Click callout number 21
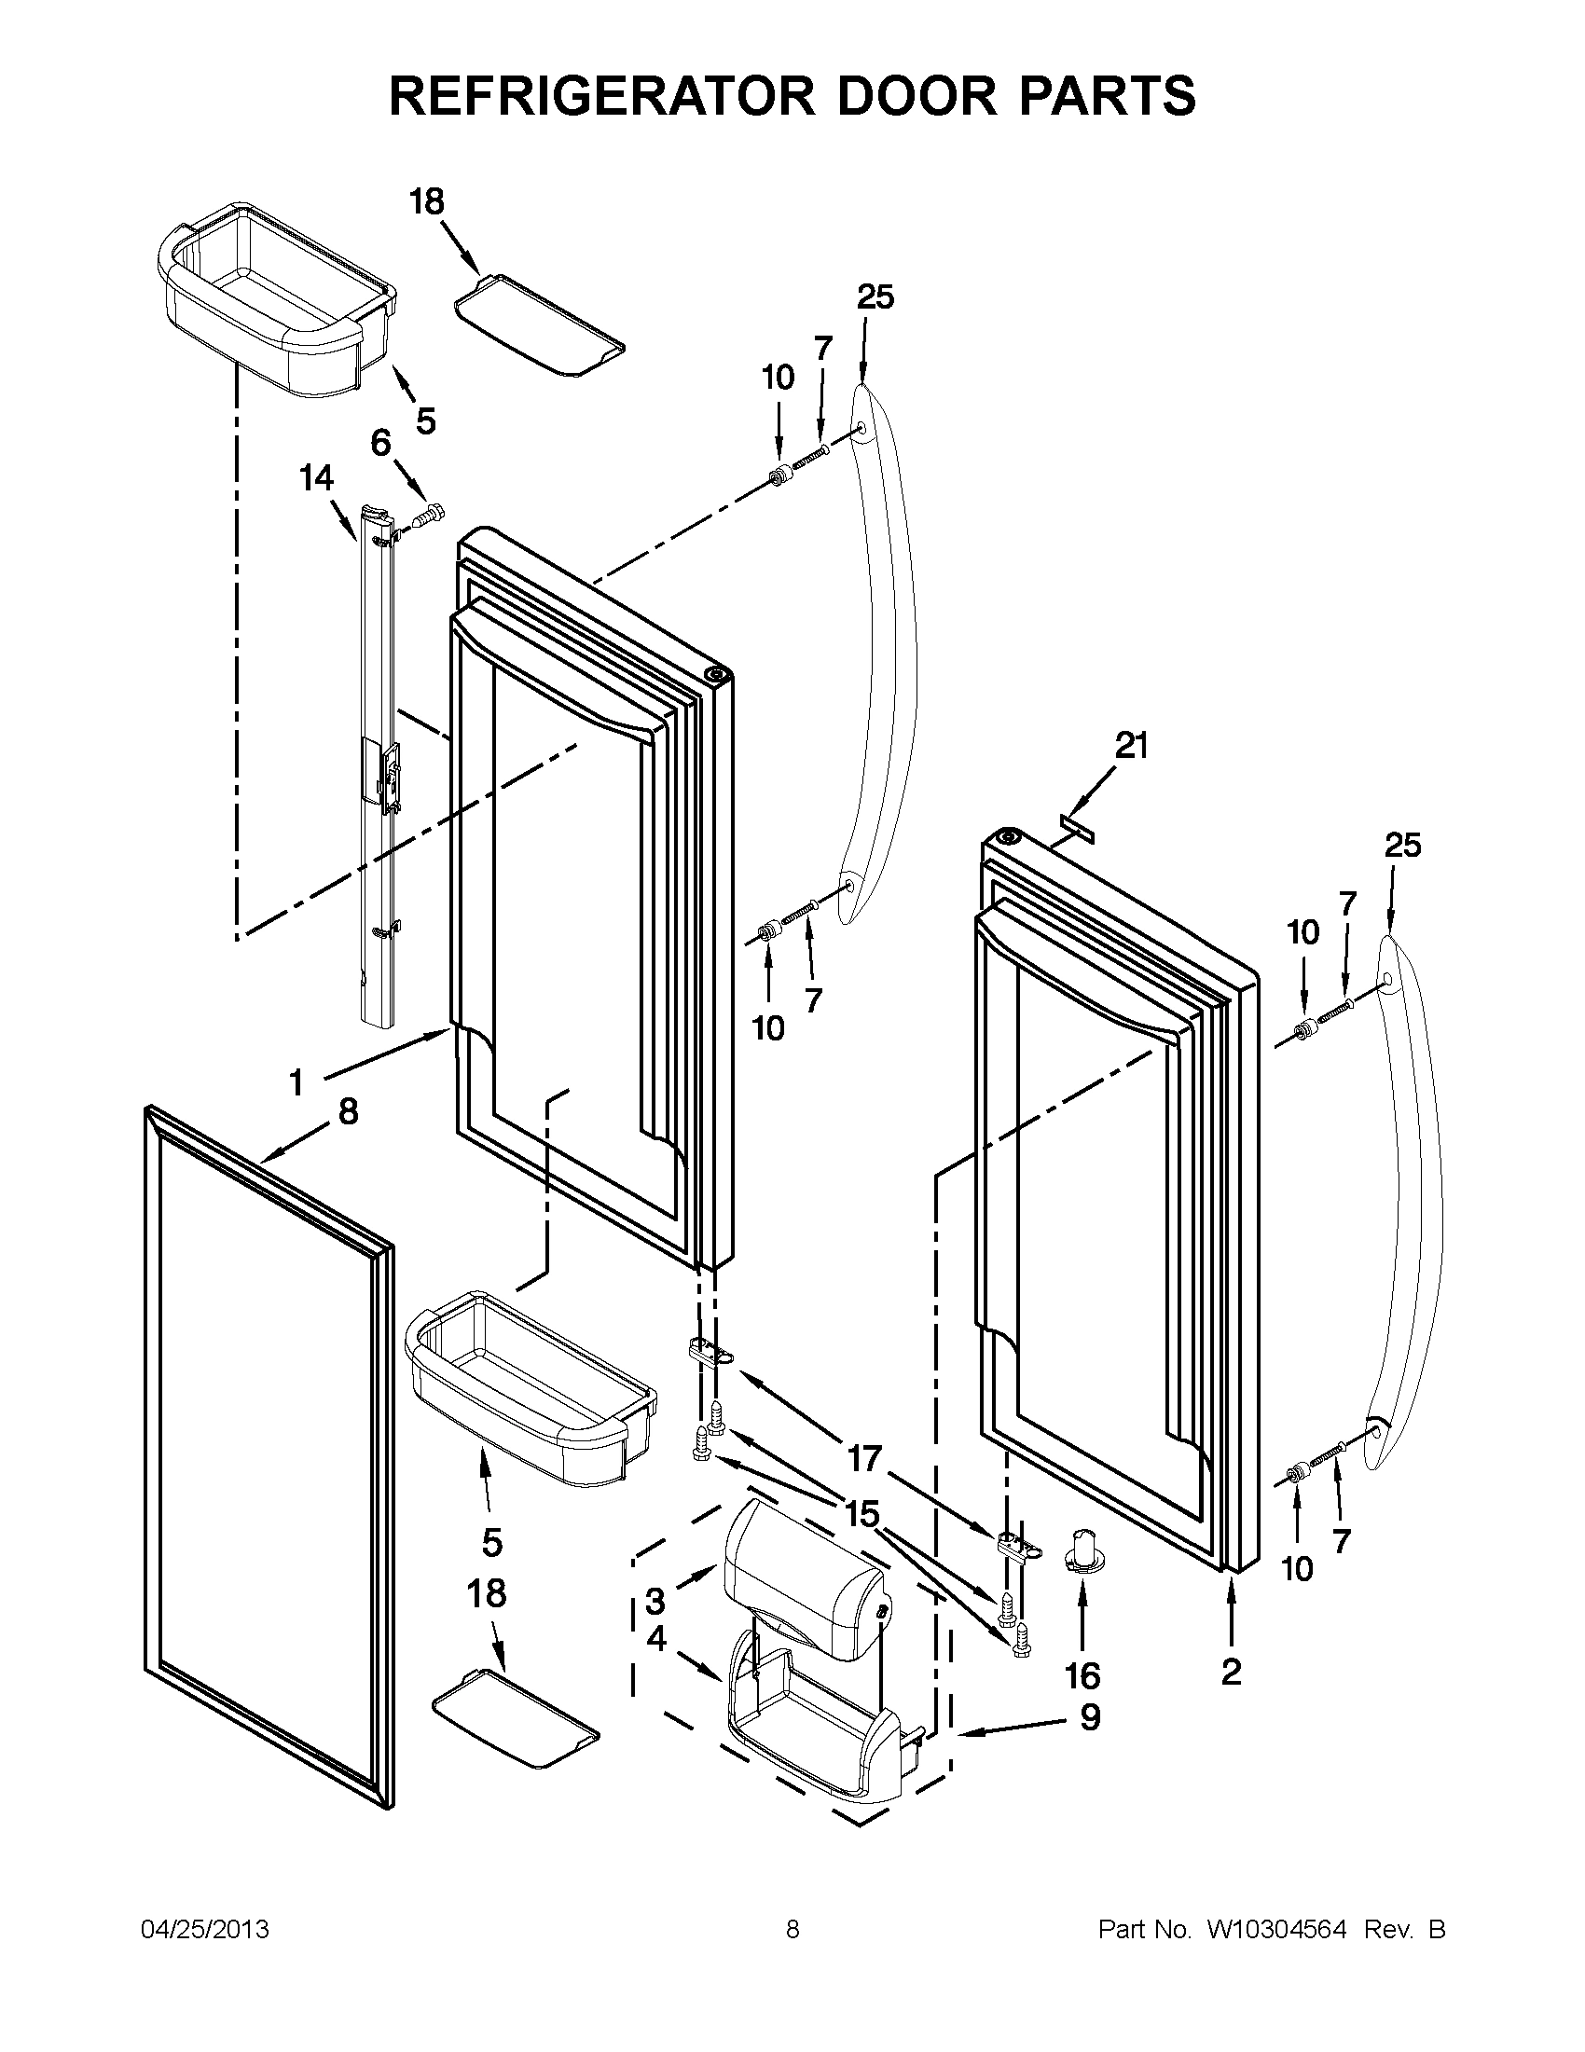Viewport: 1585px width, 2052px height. coord(1131,746)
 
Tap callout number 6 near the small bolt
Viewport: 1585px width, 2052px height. coord(380,442)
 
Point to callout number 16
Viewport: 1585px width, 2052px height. coord(1082,1674)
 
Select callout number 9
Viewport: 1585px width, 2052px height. coord(1090,1716)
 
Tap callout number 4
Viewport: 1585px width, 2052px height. coord(655,1639)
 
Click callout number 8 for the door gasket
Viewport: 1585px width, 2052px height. coord(348,1111)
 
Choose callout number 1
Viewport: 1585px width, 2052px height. coord(296,1083)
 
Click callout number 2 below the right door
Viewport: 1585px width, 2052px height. coord(1231,1671)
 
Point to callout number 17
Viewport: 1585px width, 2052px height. coord(864,1458)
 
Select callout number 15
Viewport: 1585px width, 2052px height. coord(861,1514)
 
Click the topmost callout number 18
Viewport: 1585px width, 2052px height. coord(428,201)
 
